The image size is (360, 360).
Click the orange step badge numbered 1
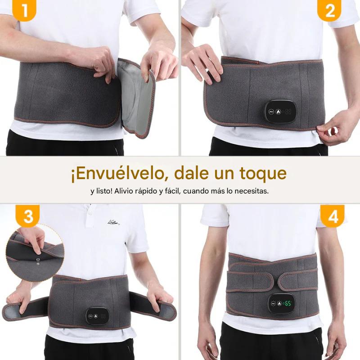[24, 10]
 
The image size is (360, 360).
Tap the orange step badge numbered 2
[330, 10]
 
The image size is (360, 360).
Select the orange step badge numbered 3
[28, 216]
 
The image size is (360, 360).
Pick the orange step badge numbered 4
[332, 216]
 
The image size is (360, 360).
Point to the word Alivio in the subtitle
[123, 191]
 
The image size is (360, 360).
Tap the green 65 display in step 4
[288, 303]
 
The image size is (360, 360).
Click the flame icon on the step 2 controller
[279, 112]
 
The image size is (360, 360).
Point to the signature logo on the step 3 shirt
[113, 222]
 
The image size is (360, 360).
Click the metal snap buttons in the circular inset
[38, 261]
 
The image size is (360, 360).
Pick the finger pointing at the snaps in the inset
[35, 241]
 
